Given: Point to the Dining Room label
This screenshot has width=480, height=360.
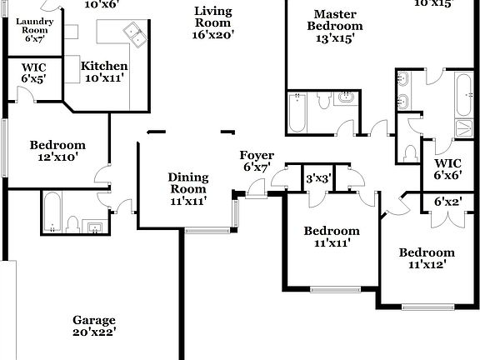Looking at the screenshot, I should [187, 188].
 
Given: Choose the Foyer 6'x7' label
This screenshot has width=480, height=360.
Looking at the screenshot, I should [257, 162].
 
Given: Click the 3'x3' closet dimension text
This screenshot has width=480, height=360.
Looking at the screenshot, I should [318, 178].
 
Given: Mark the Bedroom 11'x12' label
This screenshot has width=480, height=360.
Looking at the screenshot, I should [427, 258].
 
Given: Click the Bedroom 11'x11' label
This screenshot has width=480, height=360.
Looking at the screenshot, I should [332, 237].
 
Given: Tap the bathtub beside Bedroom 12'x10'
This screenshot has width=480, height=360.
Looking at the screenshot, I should [52, 212].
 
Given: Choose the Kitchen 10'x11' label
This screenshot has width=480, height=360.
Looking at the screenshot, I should [104, 72].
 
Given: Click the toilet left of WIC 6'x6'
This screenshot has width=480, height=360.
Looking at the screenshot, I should [408, 152].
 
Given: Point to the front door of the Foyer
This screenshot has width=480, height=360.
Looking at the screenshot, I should [257, 195].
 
